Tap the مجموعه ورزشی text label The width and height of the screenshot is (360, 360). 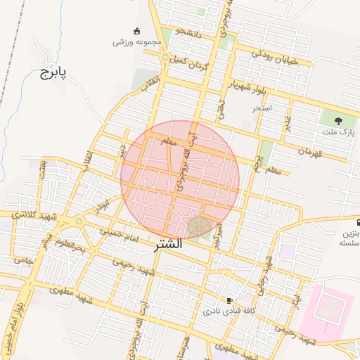pyautogui.click(x=137, y=42)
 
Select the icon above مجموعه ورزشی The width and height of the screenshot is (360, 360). pyautogui.click(x=136, y=30)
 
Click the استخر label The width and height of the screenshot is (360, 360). pyautogui.click(x=262, y=108)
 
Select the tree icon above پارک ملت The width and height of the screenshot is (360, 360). pyautogui.click(x=339, y=120)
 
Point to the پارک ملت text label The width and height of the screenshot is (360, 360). pyautogui.click(x=339, y=132)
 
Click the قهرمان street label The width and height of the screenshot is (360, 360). pyautogui.click(x=310, y=151)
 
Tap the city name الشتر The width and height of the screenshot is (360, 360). pyautogui.click(x=167, y=245)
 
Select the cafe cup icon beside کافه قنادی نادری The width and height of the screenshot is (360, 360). pyautogui.click(x=229, y=300)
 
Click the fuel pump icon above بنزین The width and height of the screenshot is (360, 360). pyautogui.click(x=359, y=221)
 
